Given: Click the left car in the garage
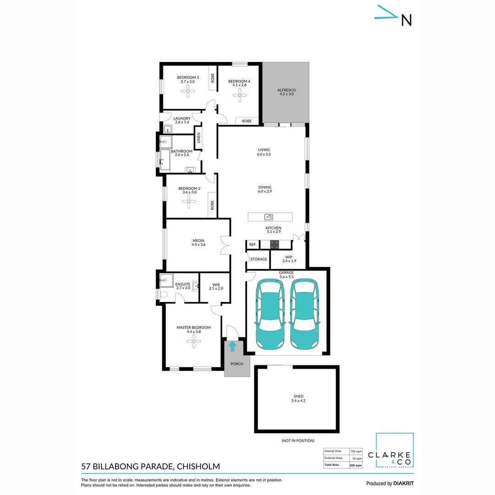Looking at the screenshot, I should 270,314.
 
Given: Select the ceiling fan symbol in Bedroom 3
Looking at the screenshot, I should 188,91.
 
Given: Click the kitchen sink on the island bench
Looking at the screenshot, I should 269,217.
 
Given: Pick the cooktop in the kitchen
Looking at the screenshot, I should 275,245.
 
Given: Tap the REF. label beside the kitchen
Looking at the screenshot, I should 253,245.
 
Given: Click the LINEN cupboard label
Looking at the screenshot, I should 198,138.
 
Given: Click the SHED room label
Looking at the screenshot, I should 298,396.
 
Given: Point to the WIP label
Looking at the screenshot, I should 288,257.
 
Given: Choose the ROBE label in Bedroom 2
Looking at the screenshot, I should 212,205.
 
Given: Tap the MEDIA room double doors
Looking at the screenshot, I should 224,245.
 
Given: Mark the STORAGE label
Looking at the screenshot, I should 258,259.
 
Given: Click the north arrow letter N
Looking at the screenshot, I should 406,20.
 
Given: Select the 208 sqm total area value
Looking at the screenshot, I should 355,465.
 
